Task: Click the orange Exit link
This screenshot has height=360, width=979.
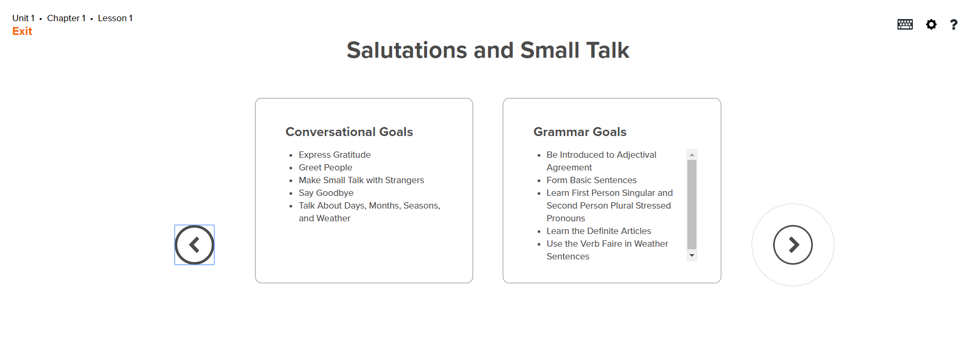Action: (22, 31)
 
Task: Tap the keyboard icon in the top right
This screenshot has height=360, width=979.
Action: (905, 24)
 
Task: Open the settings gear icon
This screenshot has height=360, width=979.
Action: (931, 24)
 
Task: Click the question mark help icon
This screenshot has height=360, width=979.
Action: (954, 24)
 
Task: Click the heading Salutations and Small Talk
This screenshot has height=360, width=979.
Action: (487, 50)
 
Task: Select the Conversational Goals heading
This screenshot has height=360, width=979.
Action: (349, 132)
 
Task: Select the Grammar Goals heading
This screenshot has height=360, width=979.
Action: (579, 132)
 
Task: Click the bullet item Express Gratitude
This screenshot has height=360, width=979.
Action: (334, 155)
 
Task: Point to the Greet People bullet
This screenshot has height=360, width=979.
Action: (325, 167)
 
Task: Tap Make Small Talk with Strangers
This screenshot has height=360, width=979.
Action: (361, 180)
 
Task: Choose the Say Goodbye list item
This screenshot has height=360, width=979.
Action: (325, 193)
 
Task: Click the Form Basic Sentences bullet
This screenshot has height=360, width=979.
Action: (591, 180)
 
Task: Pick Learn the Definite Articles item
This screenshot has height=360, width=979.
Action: (599, 231)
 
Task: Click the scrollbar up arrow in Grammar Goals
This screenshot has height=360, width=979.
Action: (692, 155)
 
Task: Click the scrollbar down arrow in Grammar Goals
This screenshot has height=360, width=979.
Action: (692, 256)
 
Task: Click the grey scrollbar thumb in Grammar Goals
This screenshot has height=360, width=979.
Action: (692, 204)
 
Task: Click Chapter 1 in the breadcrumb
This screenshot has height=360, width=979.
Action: (66, 18)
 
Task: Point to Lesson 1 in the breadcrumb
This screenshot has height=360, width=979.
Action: (115, 18)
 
